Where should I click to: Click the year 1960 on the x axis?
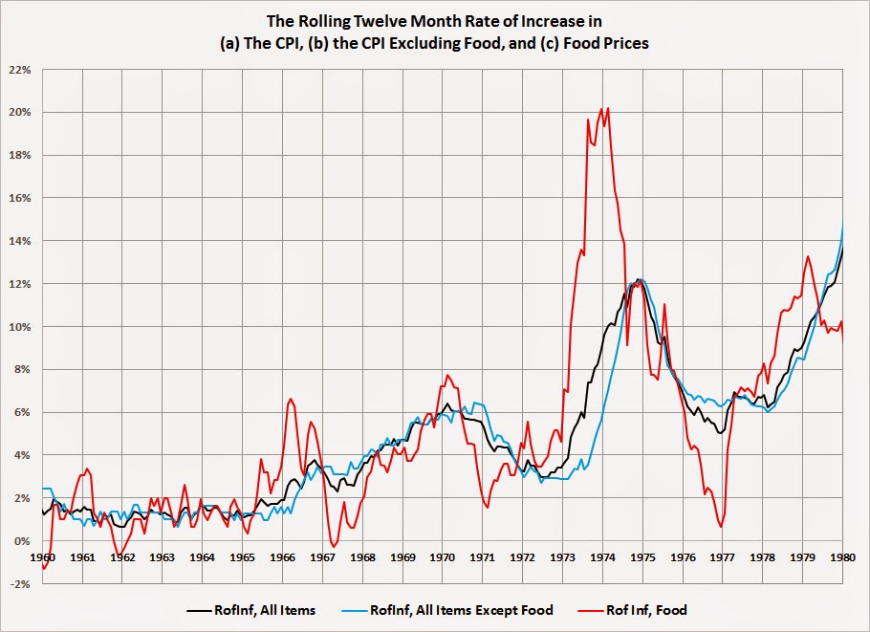pyautogui.click(x=43, y=556)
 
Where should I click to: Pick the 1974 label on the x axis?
pyautogui.click(x=602, y=556)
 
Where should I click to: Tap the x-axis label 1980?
pyautogui.click(x=842, y=556)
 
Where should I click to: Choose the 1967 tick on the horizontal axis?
pyautogui.click(x=322, y=556)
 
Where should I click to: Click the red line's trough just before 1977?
pyautogui.click(x=720, y=527)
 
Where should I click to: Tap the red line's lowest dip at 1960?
pyautogui.click(x=44, y=569)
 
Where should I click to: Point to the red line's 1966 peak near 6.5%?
pyautogui.click(x=291, y=399)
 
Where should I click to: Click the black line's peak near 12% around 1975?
pyautogui.click(x=638, y=280)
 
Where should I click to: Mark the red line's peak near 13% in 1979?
pyautogui.click(x=808, y=256)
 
